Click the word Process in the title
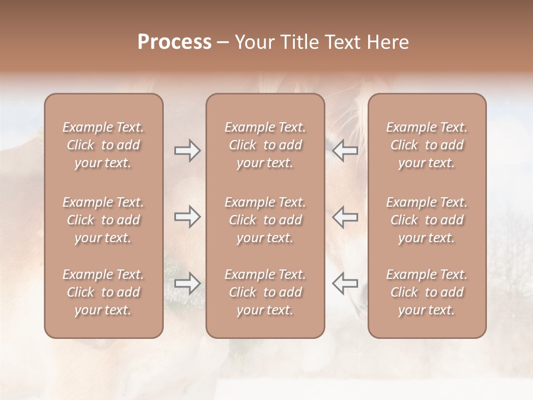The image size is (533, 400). [174, 42]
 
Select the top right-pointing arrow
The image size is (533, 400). [187, 151]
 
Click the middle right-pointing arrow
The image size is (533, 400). [187, 217]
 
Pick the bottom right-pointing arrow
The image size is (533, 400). [187, 283]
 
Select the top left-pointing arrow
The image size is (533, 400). [345, 151]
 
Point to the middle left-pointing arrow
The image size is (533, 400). [345, 217]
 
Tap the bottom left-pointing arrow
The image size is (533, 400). [345, 283]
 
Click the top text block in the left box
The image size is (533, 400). [103, 145]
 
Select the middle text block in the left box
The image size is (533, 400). [103, 220]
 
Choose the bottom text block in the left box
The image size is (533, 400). [103, 292]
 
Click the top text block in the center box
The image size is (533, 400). [265, 145]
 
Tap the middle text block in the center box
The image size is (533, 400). [265, 220]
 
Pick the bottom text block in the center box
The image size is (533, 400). [265, 292]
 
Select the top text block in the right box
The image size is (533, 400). [427, 145]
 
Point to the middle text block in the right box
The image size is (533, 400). [427, 220]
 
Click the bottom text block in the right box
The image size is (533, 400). [427, 292]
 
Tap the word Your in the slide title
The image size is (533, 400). [253, 42]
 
